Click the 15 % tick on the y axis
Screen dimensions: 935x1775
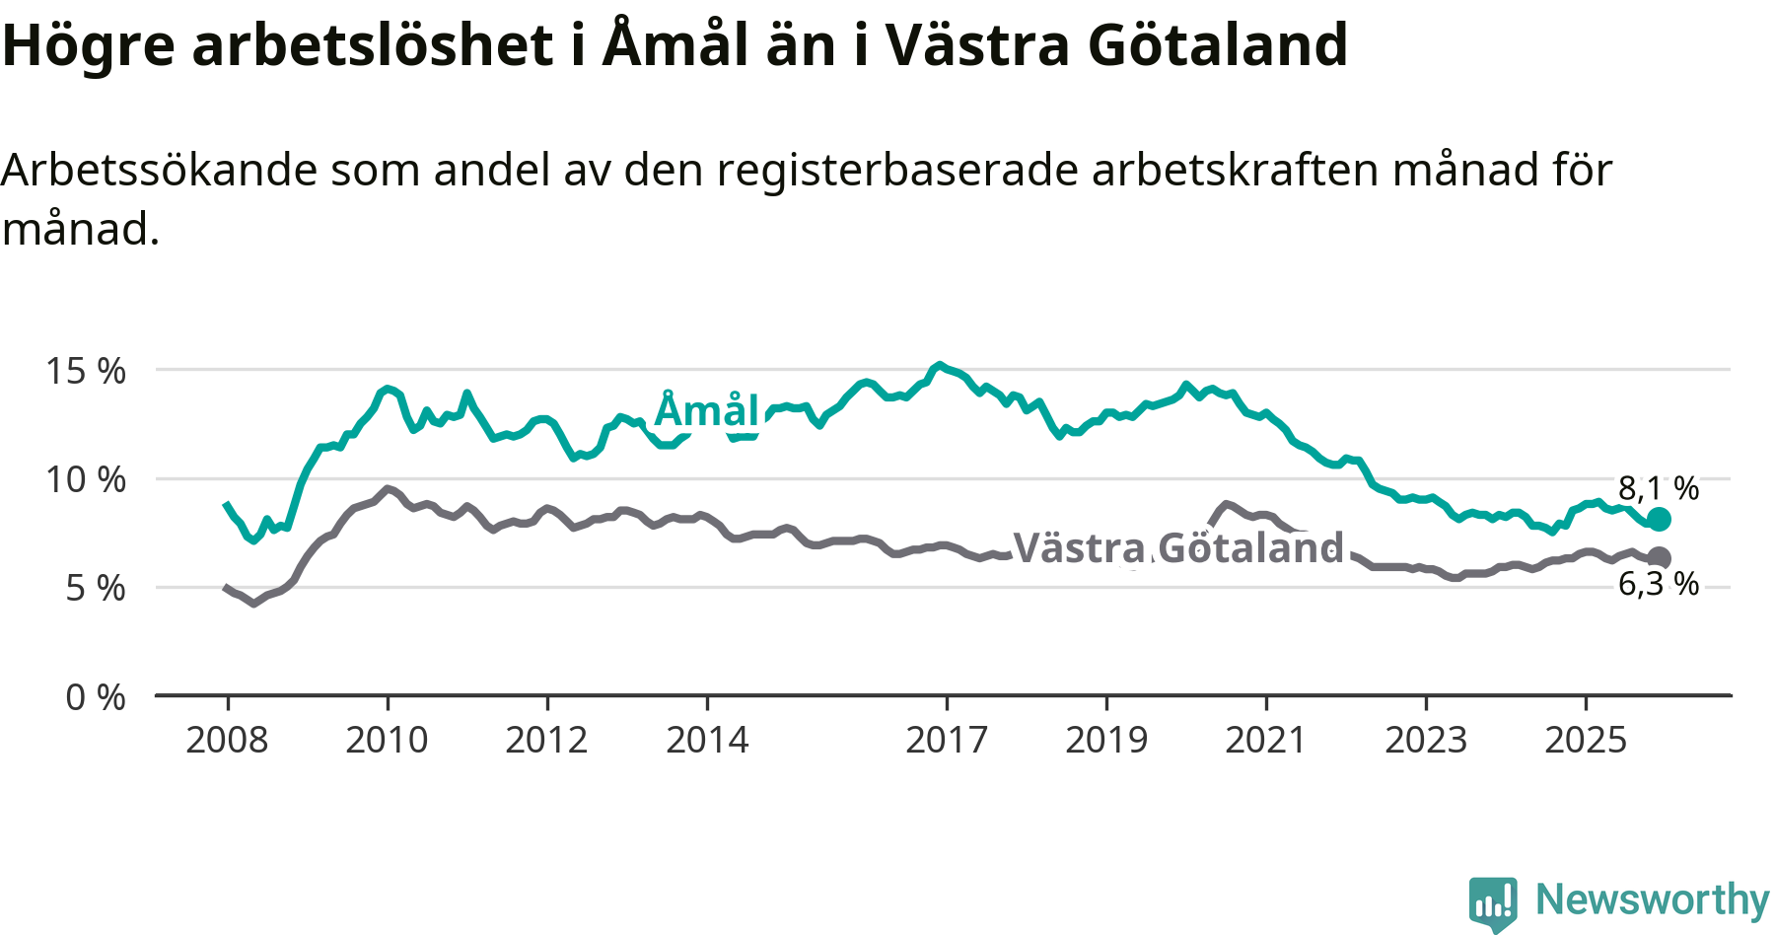(x=86, y=372)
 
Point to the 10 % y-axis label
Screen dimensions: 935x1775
(x=86, y=480)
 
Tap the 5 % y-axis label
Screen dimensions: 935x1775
(x=96, y=589)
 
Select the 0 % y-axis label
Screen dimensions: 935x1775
(x=96, y=697)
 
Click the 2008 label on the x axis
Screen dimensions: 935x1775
(x=227, y=740)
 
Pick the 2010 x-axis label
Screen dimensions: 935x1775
(x=387, y=740)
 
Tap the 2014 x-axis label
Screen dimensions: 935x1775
(x=707, y=740)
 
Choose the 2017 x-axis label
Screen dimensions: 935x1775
(x=947, y=740)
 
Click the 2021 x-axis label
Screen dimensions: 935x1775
(x=1266, y=740)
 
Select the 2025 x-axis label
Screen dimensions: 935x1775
(x=1586, y=740)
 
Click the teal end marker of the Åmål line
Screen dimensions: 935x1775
(x=1659, y=519)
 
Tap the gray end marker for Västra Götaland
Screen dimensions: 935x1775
(x=1659, y=557)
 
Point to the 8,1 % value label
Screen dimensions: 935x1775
(x=1659, y=488)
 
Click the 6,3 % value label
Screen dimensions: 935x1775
(x=1659, y=584)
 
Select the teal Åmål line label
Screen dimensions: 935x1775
(x=707, y=410)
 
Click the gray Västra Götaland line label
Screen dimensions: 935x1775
(x=1178, y=548)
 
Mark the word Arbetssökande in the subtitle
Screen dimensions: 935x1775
(x=160, y=171)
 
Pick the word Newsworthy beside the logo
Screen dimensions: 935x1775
(x=1653, y=899)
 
